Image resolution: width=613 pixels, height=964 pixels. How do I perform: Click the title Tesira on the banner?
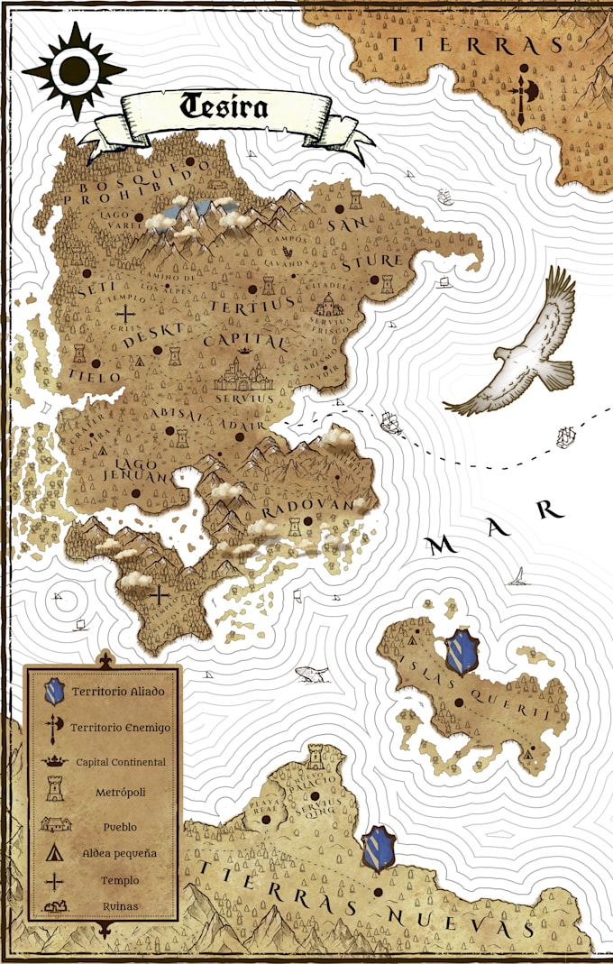tap(224, 106)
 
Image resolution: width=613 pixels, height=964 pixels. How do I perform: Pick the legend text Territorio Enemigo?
tap(120, 726)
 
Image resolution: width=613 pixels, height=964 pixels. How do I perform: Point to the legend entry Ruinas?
tap(120, 905)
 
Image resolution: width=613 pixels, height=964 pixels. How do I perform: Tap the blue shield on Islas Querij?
tap(462, 653)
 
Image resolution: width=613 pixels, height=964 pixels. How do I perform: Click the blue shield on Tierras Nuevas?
tap(379, 849)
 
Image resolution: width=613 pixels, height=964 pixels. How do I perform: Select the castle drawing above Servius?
tap(242, 372)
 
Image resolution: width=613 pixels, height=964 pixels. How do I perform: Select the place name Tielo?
tap(94, 372)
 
